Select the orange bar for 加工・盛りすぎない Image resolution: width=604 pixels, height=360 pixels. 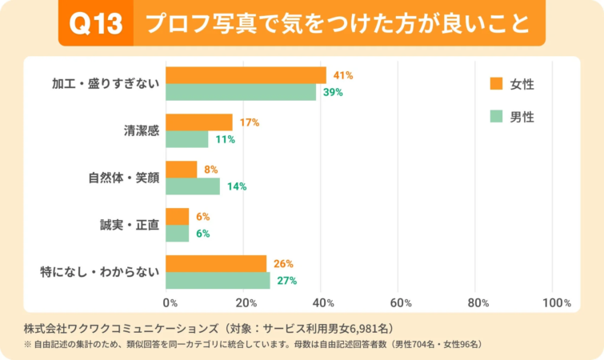[246, 75]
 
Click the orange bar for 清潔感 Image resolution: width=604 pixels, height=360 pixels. [199, 122]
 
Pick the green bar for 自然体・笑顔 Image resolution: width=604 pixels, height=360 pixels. [193, 186]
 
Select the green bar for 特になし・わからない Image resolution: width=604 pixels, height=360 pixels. [218, 280]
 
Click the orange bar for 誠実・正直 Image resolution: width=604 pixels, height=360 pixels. [178, 217]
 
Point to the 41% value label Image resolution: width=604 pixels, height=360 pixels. [342, 75]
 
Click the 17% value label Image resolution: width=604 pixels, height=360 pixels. [249, 122]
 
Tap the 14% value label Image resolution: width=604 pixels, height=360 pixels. [236, 186]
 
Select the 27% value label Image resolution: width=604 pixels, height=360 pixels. [286, 280]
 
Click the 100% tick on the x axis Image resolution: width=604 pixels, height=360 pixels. [556, 303]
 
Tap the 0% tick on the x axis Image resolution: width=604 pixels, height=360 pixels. [170, 303]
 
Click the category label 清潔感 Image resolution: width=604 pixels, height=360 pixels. [139, 130]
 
